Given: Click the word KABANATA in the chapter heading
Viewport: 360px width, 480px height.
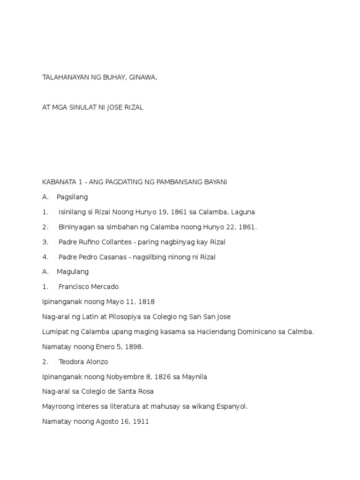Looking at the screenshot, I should [58, 182].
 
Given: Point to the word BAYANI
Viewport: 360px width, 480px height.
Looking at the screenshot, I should [215, 182].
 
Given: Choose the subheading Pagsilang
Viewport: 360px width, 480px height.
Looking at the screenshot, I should [72, 197].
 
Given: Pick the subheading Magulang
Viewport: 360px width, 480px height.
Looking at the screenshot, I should [73, 271].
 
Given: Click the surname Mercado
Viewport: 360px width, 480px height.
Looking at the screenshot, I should [104, 286].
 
